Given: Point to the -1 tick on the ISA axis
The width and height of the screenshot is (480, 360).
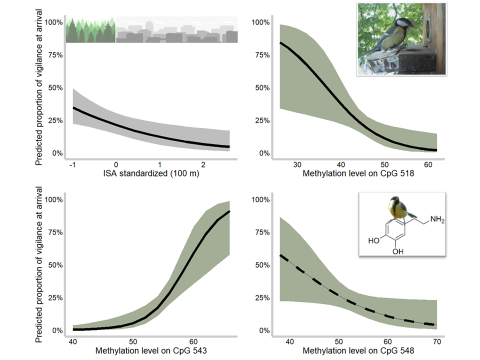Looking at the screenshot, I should click(72, 164).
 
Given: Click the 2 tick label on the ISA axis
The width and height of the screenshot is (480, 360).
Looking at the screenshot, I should click(203, 164).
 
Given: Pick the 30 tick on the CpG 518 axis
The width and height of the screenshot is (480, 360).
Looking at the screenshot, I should click(297, 164).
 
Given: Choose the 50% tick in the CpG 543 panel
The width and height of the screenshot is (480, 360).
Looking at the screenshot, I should click(54, 265).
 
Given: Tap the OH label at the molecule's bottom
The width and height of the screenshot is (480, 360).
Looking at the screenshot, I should click(398, 252).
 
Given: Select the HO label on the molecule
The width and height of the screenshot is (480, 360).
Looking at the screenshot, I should click(373, 240).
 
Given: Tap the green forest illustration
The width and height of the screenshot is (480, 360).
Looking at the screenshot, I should click(90, 31).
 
